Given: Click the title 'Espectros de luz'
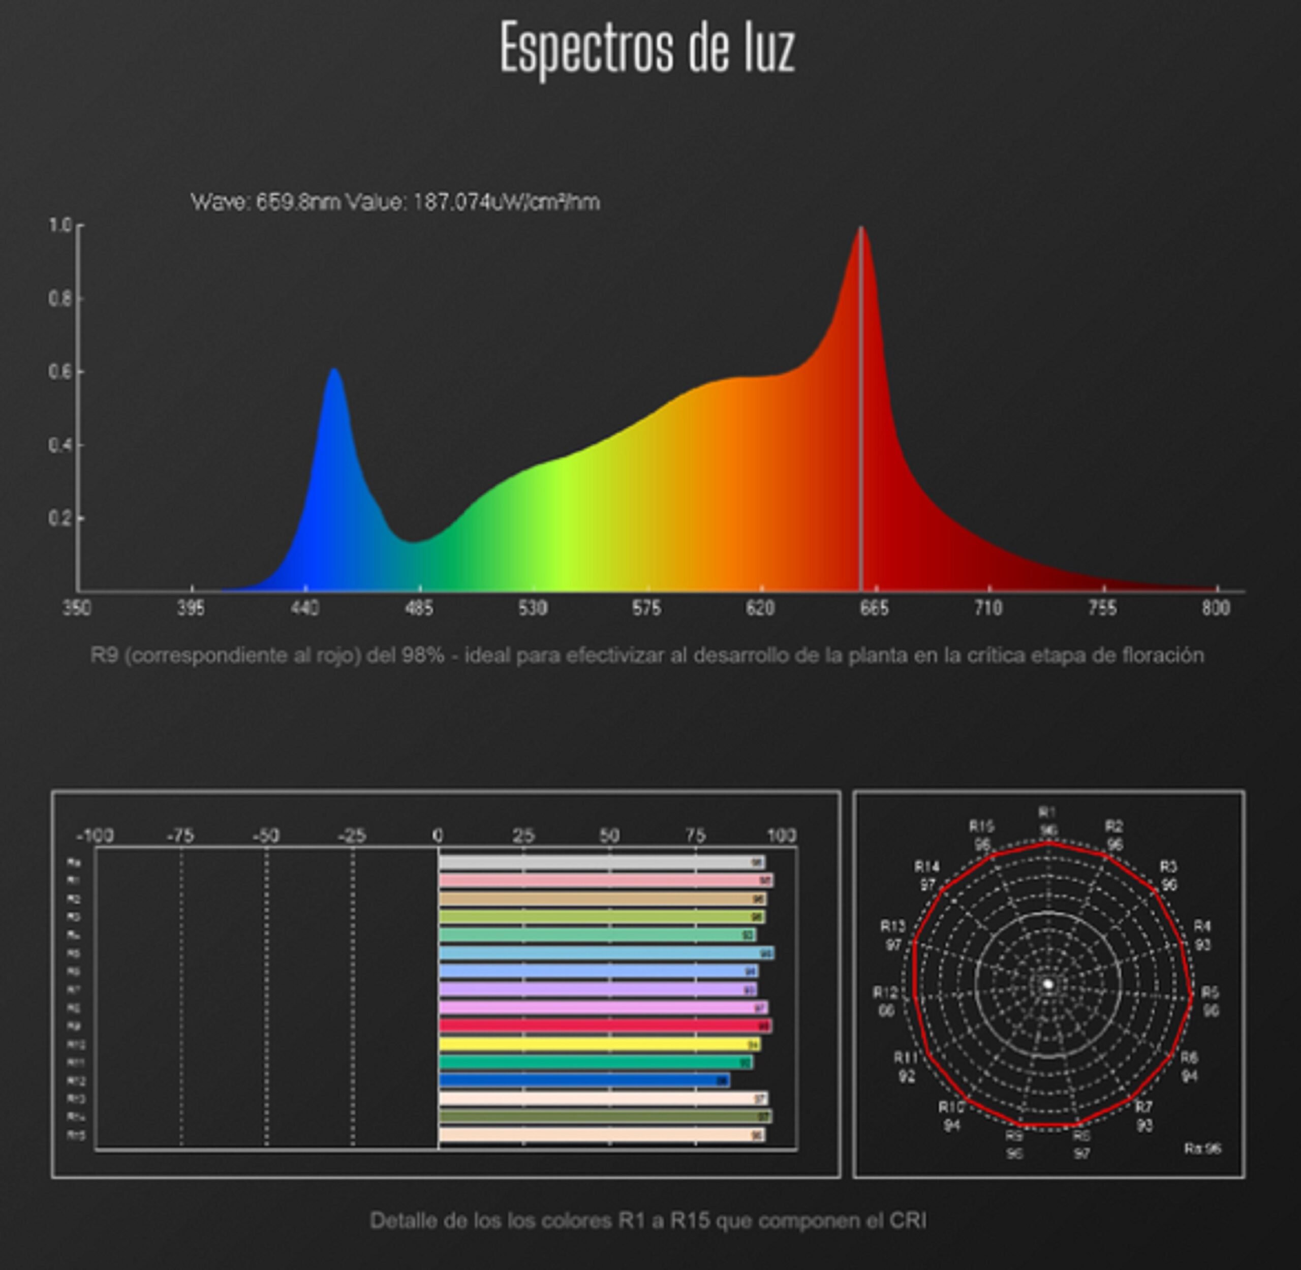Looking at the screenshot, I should (x=647, y=48).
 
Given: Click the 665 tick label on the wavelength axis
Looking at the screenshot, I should (x=874, y=608).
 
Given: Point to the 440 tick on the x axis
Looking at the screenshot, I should (x=305, y=608).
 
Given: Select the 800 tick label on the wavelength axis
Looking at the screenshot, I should (x=1216, y=608).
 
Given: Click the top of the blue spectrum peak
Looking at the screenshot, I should (x=334, y=371).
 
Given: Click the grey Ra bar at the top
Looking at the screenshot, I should (x=601, y=862).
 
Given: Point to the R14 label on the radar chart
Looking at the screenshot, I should (x=927, y=866).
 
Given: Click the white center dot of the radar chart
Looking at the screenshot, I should (x=1048, y=984).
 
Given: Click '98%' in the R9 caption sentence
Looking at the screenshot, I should (x=422, y=656).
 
